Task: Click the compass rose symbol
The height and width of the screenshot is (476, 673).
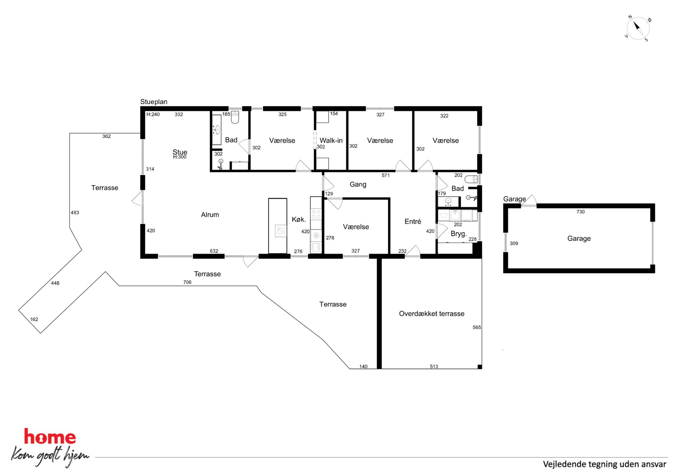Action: point(638,28)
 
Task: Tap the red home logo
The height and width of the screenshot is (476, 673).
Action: point(50,437)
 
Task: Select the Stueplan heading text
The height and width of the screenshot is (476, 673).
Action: point(154,102)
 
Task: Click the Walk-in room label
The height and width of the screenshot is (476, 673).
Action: point(331,140)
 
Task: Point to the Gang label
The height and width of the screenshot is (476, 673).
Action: point(358,185)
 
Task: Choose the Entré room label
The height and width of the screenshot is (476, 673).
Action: point(413,222)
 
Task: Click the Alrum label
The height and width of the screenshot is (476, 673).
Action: point(210,215)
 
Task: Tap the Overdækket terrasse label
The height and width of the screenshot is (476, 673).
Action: point(431,314)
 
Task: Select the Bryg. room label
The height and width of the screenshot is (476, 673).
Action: point(459,234)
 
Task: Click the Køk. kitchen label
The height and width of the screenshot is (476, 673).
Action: point(299,220)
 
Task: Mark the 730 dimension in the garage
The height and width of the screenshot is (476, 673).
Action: point(580,212)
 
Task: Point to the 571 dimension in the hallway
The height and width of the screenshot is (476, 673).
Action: point(386,175)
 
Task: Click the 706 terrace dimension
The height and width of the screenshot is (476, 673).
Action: point(187,282)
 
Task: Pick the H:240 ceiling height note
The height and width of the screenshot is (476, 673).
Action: point(153,114)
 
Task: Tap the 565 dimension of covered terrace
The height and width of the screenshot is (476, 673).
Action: point(477,327)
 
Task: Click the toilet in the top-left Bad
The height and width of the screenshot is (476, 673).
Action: point(235,117)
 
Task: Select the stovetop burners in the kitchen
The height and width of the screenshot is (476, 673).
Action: point(316,214)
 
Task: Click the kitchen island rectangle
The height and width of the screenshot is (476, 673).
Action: point(277,226)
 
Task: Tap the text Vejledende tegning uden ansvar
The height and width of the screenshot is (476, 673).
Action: point(604,464)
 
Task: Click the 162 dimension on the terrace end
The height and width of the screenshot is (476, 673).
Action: point(34,319)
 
